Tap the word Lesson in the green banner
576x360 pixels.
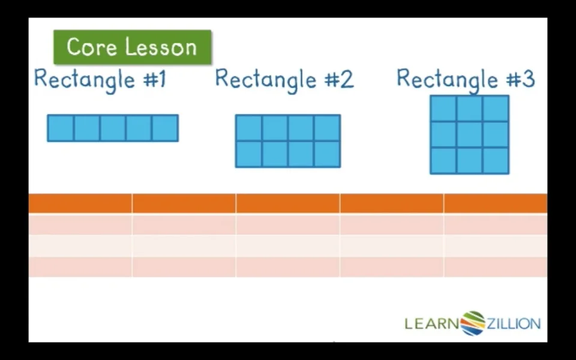pos(161,47)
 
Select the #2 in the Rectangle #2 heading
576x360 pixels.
pos(339,79)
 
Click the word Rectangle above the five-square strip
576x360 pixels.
pos(85,80)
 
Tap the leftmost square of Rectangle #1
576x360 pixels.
pos(61,128)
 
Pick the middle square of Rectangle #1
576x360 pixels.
pos(113,128)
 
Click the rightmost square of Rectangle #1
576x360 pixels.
pos(166,128)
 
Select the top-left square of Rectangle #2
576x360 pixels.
pos(248,128)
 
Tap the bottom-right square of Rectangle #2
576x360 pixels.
pos(328,154)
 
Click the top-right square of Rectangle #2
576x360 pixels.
pos(328,128)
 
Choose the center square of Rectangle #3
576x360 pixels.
pos(469,134)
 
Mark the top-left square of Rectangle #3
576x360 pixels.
pos(443,109)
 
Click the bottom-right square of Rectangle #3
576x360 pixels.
pos(496,161)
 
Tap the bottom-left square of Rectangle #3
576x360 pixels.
pos(443,161)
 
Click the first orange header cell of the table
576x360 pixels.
pos(80,203)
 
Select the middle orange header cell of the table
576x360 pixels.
pos(287,203)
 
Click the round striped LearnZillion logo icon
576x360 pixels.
pos(473,323)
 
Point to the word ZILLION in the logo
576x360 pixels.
pos(514,323)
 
